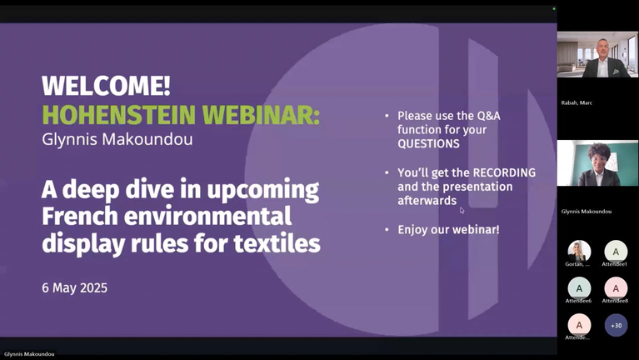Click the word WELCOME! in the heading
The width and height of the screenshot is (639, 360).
[x=106, y=86]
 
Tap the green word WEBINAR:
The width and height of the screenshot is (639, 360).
[x=261, y=115]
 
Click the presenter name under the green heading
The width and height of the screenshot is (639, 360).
[x=117, y=139]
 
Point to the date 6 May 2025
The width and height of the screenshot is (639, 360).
[x=75, y=287]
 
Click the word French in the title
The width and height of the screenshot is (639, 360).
[x=80, y=216]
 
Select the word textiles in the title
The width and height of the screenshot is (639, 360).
[x=277, y=243]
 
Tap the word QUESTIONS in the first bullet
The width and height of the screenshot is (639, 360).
[x=429, y=143]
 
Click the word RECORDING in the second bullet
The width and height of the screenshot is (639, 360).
[x=504, y=172]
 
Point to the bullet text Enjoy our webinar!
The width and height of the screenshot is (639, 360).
[x=448, y=229]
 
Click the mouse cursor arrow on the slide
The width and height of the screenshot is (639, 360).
[x=462, y=210]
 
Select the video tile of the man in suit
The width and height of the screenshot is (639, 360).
[x=597, y=54]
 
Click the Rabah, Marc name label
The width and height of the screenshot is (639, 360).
[x=577, y=102]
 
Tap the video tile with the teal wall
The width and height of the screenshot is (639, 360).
[x=597, y=163]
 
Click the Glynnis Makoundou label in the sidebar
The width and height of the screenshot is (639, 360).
[x=586, y=211]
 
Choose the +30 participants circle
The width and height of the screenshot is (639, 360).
[x=616, y=325]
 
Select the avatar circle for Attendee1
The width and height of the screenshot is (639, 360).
[x=616, y=252]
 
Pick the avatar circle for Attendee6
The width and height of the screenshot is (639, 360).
[x=579, y=288]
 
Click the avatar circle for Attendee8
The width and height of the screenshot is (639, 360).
[x=616, y=288]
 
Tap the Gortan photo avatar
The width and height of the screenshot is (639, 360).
[x=579, y=252]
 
